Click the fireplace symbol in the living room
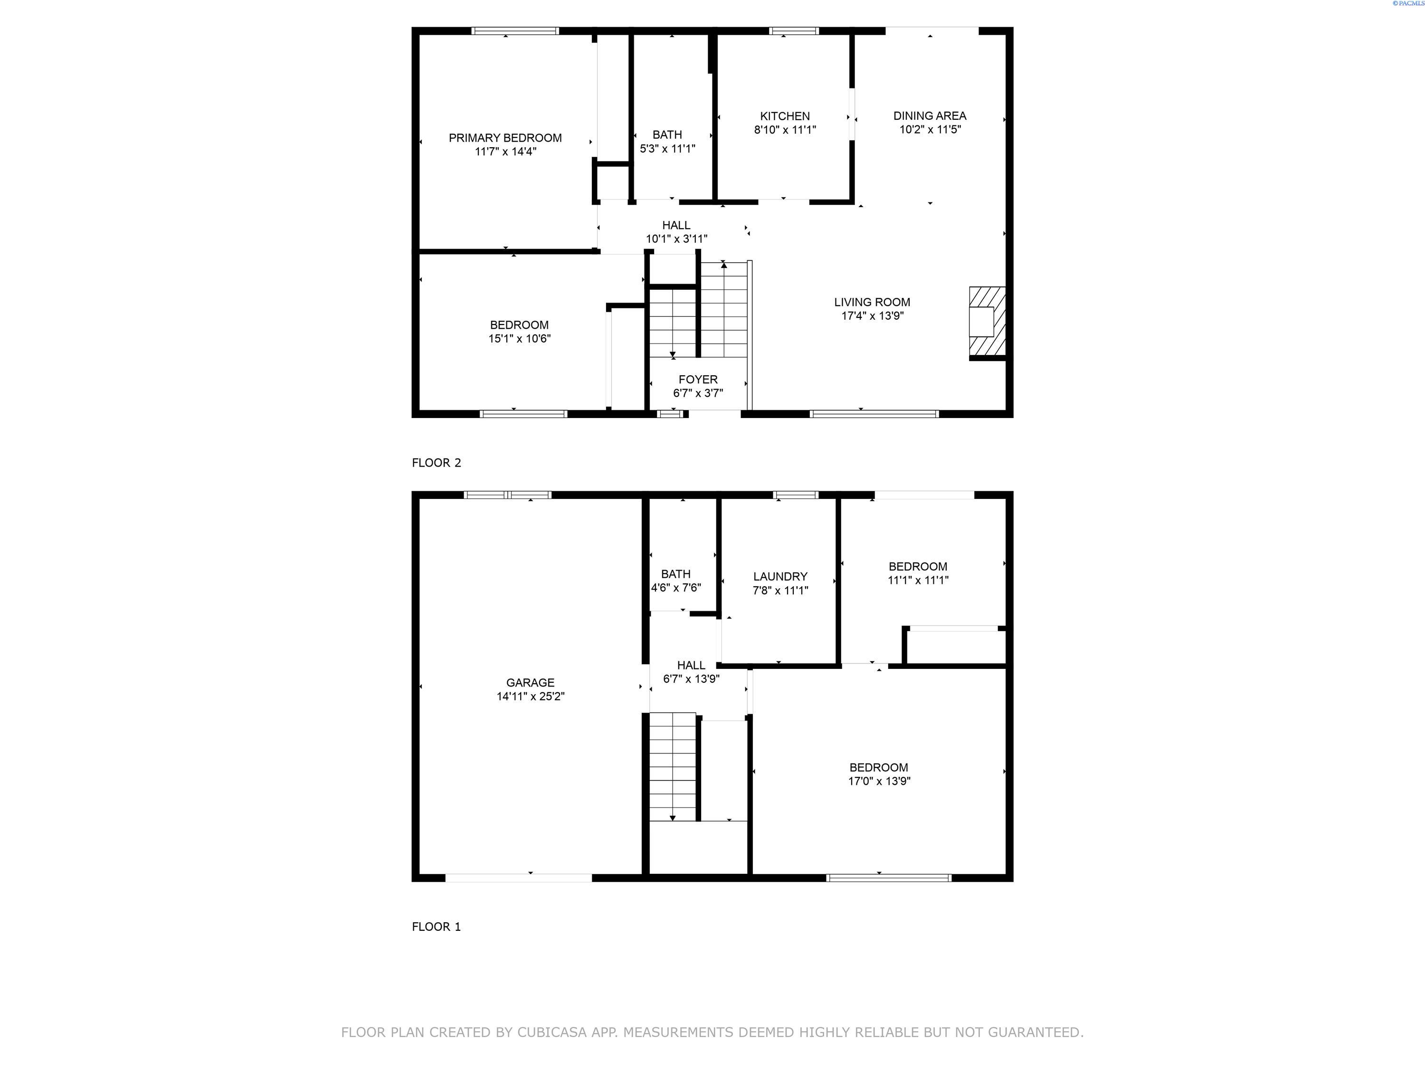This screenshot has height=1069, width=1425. [988, 322]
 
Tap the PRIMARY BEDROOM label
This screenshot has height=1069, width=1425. [505, 138]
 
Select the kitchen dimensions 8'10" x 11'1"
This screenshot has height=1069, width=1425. [785, 130]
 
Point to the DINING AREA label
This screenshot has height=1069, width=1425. [930, 116]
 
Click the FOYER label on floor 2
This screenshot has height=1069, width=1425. [698, 380]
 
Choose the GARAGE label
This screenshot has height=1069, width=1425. [530, 682]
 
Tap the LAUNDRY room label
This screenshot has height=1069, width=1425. [780, 577]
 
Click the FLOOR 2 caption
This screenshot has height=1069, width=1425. [436, 463]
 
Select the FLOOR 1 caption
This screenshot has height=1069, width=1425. [436, 926]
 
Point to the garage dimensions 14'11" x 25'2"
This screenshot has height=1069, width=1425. [530, 697]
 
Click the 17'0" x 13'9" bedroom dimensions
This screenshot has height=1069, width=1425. [879, 781]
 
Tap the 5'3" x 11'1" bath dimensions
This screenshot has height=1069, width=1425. [667, 149]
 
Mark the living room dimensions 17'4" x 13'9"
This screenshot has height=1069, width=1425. [872, 316]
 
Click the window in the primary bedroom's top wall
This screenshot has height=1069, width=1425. [515, 31]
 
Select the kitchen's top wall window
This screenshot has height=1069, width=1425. [794, 31]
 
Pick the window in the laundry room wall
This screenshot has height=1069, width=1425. [795, 495]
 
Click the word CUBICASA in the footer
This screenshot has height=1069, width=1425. [552, 1032]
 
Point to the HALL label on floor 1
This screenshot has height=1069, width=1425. [691, 665]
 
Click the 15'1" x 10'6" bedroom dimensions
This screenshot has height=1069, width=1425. [519, 339]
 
